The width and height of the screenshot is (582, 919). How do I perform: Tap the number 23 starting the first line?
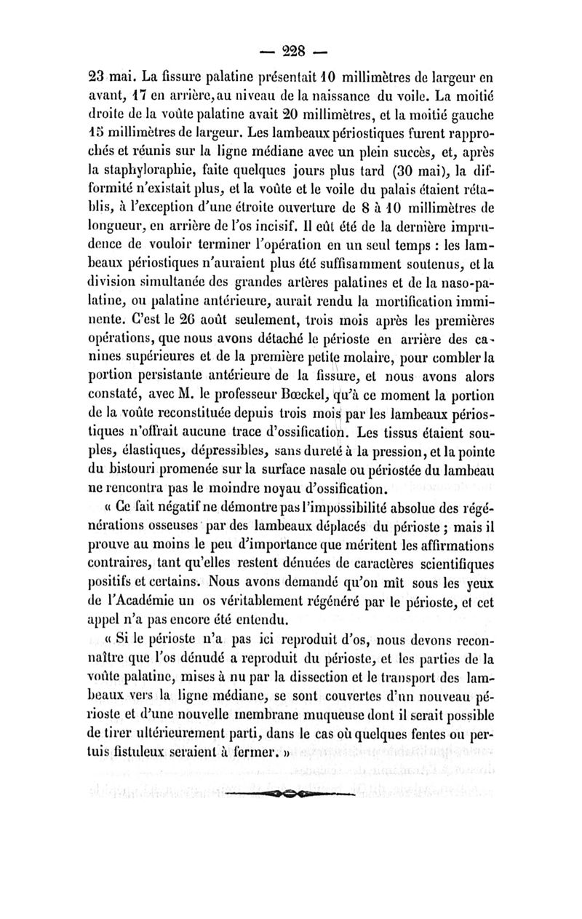click(88, 75)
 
